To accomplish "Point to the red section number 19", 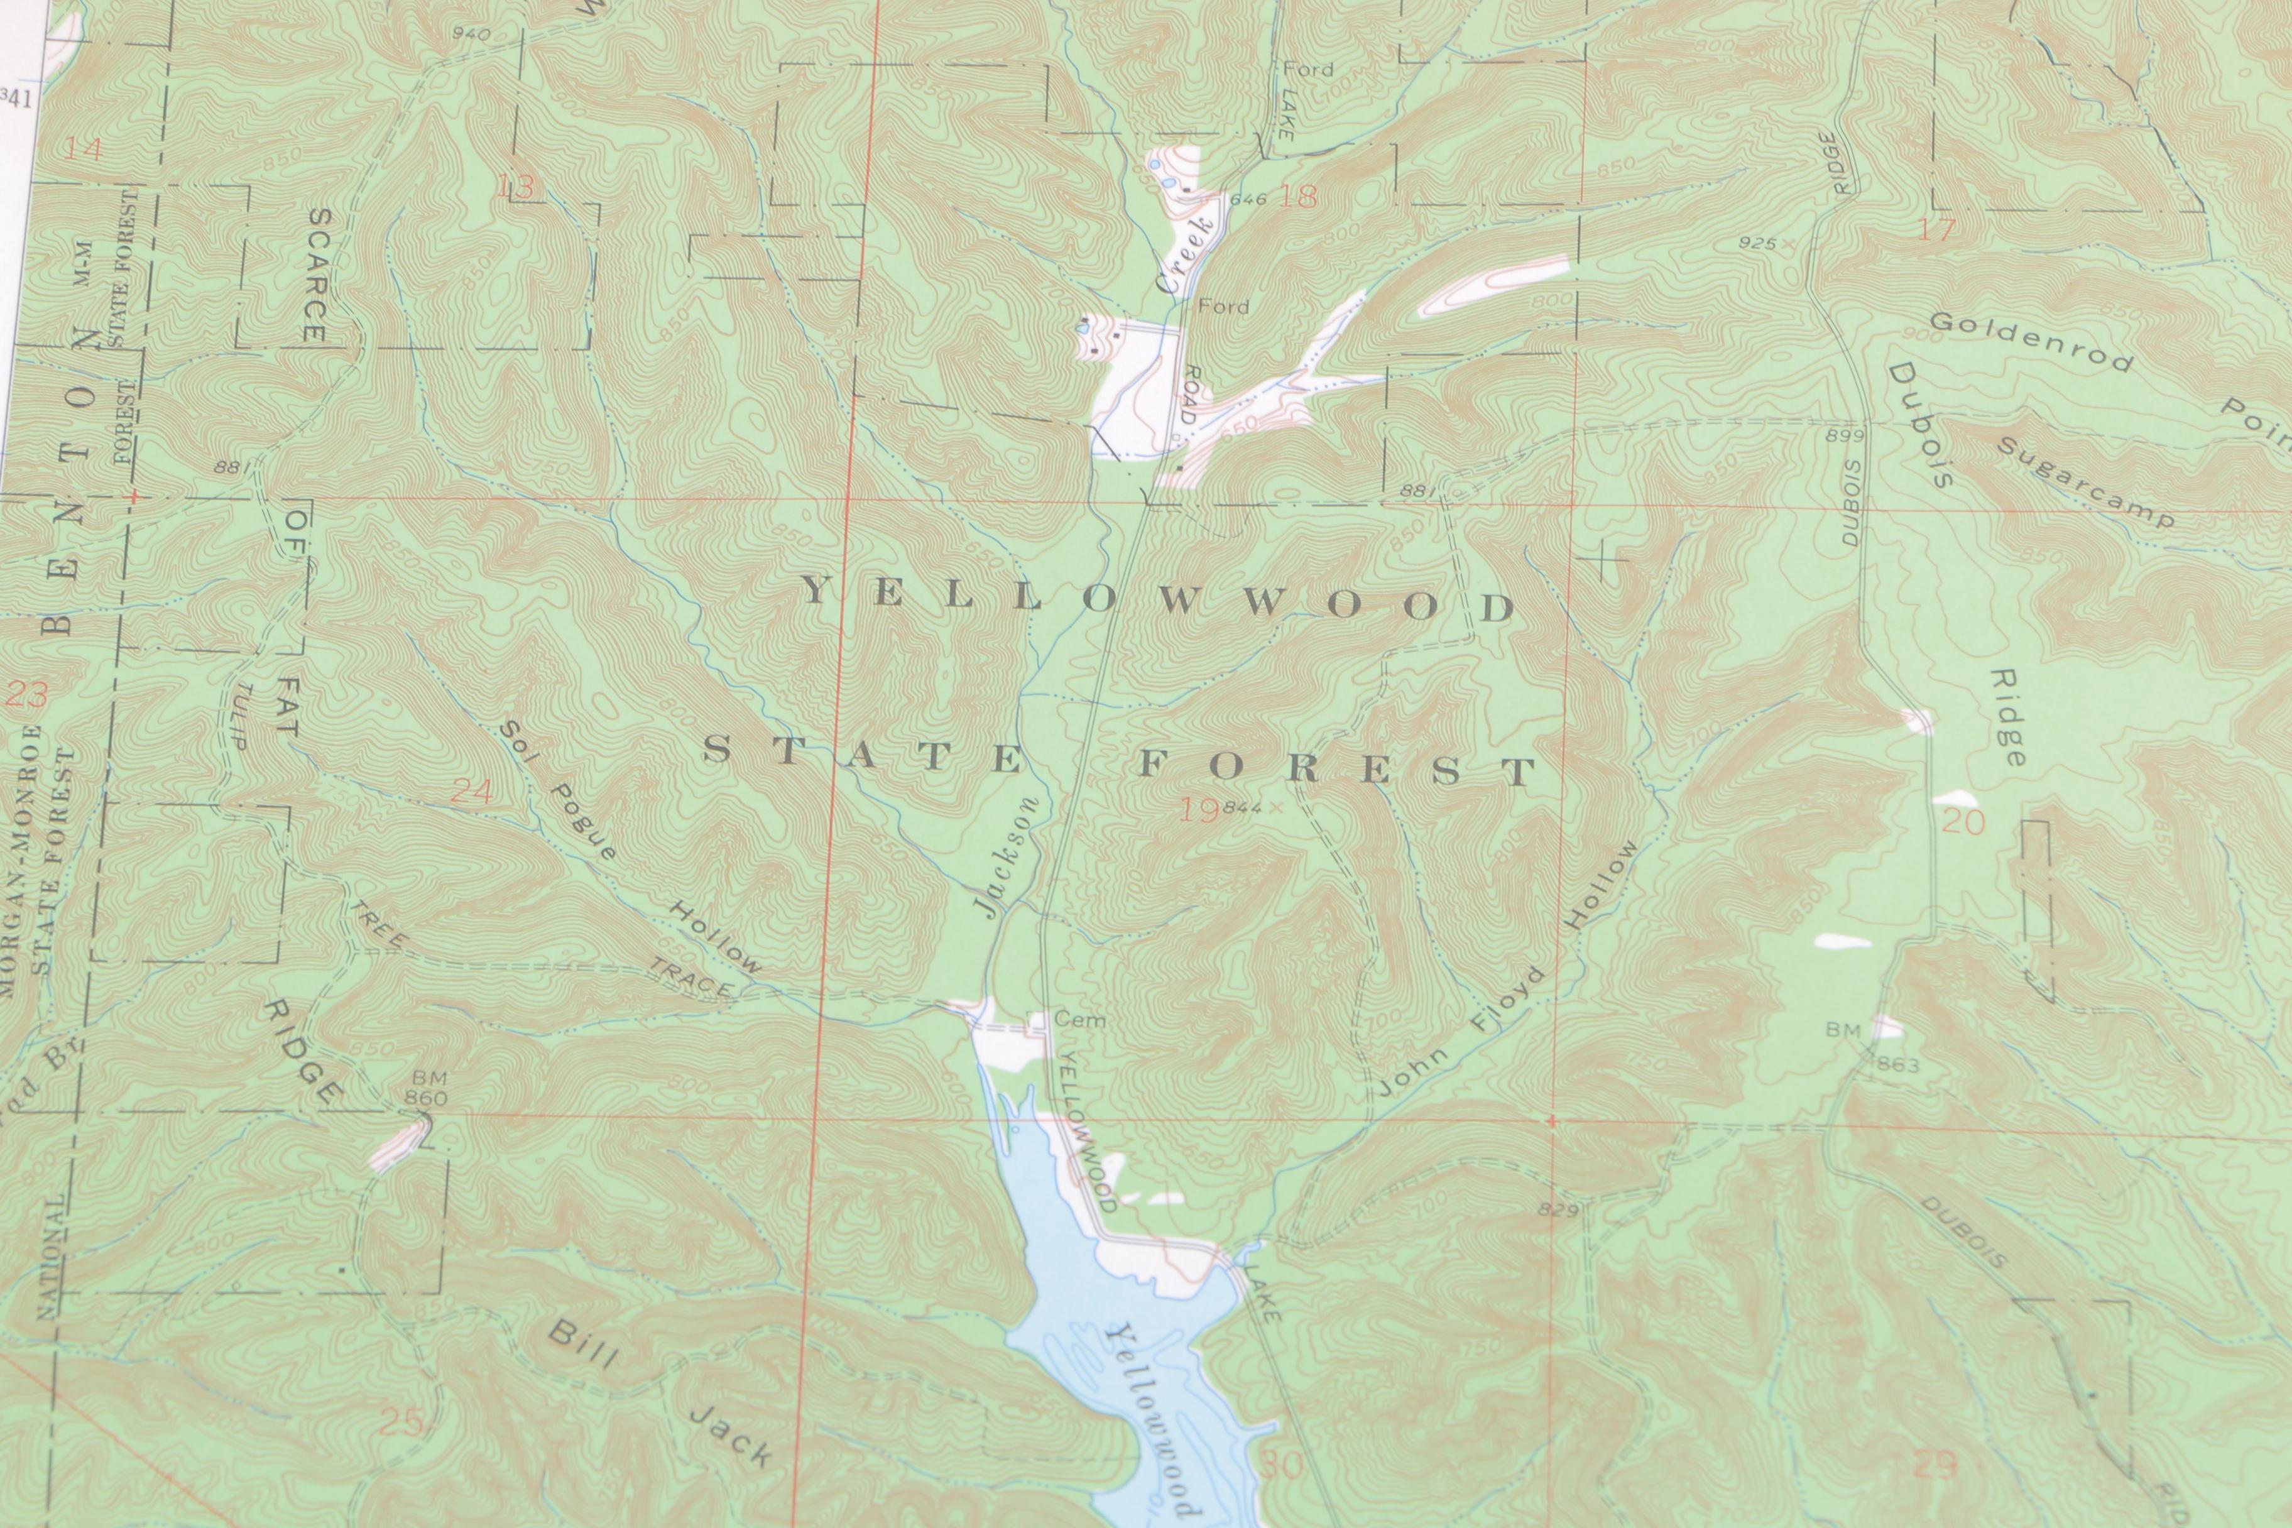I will (x=1199, y=810).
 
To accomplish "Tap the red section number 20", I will (x=1963, y=822).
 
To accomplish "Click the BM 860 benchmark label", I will (x=428, y=1088).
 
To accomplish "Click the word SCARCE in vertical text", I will (x=317, y=275).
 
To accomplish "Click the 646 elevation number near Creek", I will (x=1248, y=200).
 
